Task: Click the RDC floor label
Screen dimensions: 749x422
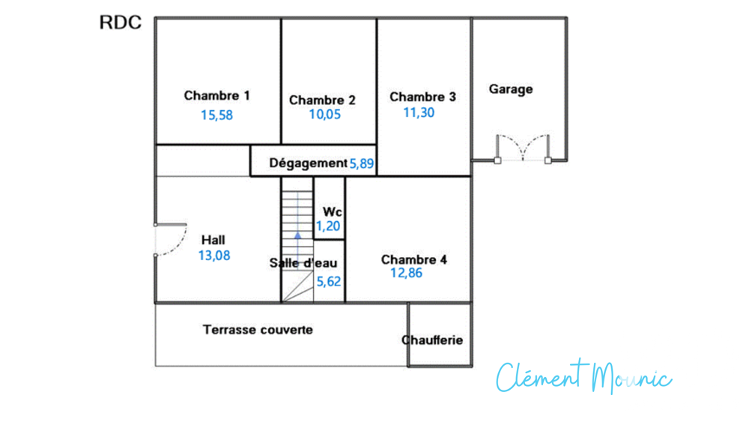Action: [x=121, y=22]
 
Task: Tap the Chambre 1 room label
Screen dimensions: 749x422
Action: [x=217, y=96]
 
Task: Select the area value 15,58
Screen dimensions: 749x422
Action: [x=217, y=115]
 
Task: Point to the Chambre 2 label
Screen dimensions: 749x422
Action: [x=322, y=100]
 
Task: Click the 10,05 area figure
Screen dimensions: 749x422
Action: [x=325, y=115]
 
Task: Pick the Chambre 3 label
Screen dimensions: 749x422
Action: [x=422, y=97]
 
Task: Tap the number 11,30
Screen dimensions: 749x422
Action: [x=419, y=112]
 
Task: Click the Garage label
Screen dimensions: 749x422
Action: [x=511, y=89]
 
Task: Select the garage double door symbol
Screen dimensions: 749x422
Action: [x=523, y=148]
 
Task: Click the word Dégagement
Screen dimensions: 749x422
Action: [x=308, y=163]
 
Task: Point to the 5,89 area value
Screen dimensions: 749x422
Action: [x=362, y=164]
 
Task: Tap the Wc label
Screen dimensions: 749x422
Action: [x=333, y=211]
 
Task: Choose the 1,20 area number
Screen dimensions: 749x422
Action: [x=328, y=226]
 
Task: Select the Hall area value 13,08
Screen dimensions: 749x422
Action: [x=214, y=256]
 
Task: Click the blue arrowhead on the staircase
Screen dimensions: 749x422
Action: [x=297, y=235]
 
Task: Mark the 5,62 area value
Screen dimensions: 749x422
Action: [x=329, y=282]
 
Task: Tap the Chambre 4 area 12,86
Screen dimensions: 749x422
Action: [x=407, y=273]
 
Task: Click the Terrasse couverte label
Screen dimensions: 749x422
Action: [x=258, y=330]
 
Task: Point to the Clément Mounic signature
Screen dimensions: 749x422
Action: [x=583, y=376]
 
